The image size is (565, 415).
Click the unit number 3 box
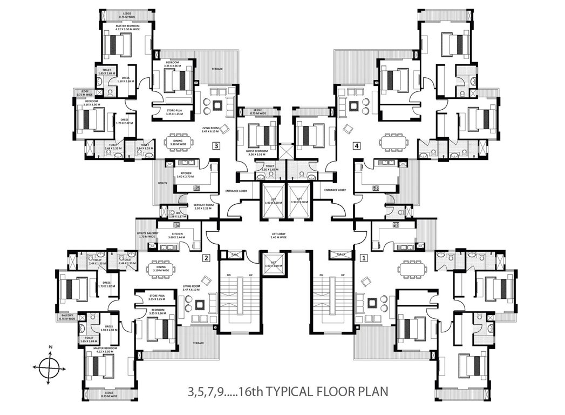[216, 145]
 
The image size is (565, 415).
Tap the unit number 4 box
[357, 145]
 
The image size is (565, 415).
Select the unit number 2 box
[206, 258]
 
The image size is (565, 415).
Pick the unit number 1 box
[364, 258]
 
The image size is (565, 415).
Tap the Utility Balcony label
[147, 235]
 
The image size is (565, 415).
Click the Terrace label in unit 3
[217, 69]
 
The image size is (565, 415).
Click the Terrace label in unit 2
[198, 343]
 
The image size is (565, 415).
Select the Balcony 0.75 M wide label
[67, 317]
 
